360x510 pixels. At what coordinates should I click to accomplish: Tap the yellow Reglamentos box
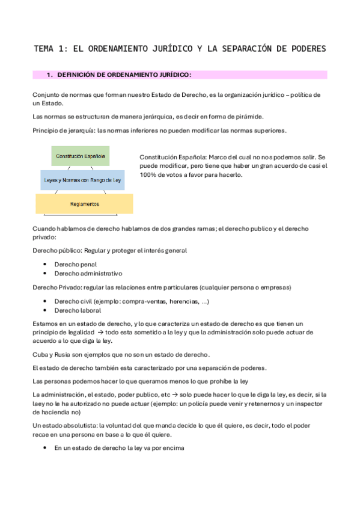pyautogui.click(x=84, y=204)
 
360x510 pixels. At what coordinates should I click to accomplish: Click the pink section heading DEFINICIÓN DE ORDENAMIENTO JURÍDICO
pyautogui.click(x=123, y=75)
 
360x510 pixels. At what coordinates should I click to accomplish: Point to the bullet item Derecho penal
pyautogui.click(x=75, y=264)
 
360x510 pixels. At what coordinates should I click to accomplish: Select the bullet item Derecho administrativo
pyautogui.click(x=88, y=273)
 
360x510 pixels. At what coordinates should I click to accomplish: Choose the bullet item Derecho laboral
pyautogui.click(x=78, y=311)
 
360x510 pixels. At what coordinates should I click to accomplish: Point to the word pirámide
pyautogui.click(x=230, y=116)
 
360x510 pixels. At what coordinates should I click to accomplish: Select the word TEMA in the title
pyautogui.click(x=45, y=48)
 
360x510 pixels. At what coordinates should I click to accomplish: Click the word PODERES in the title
pyautogui.click(x=307, y=48)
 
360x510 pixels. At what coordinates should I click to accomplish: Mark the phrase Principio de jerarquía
pyautogui.click(x=62, y=131)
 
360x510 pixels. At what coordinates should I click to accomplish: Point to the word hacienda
pyautogui.click(x=56, y=412)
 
